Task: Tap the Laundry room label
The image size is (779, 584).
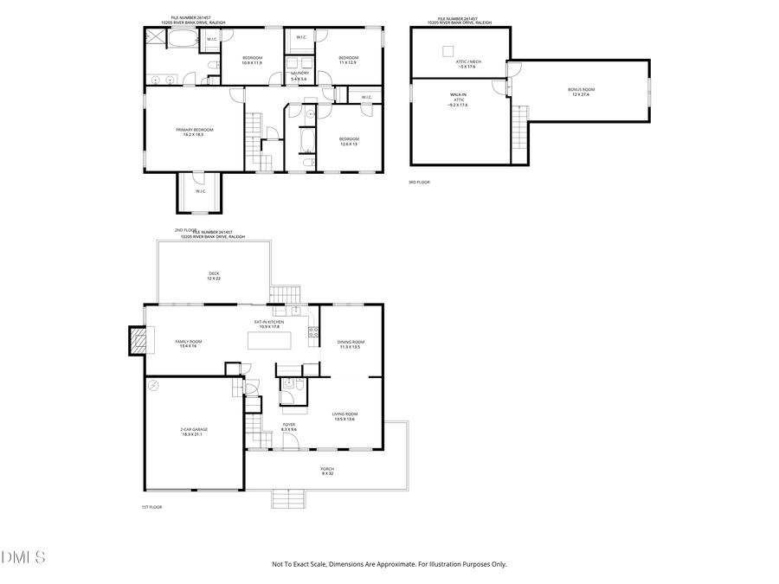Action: click(x=299, y=75)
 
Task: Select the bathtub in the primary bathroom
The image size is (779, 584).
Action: click(x=182, y=40)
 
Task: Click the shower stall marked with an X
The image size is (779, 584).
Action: click(x=154, y=36)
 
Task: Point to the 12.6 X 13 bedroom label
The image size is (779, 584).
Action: click(x=349, y=141)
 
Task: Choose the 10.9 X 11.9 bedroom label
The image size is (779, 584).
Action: click(x=252, y=60)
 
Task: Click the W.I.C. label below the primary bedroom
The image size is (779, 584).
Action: click(x=200, y=191)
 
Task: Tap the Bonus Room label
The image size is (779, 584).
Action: click(x=582, y=92)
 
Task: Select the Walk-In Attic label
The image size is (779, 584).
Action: click(x=458, y=99)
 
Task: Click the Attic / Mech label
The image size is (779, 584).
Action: click(x=469, y=62)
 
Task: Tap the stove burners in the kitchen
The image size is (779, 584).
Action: click(x=313, y=331)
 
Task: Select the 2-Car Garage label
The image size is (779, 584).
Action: click(x=195, y=432)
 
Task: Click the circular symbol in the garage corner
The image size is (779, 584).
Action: click(x=154, y=385)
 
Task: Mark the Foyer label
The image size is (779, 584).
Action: click(x=288, y=427)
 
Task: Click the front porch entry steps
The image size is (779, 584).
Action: click(x=288, y=498)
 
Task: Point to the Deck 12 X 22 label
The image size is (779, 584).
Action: click(x=214, y=276)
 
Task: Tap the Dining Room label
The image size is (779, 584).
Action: click(x=351, y=344)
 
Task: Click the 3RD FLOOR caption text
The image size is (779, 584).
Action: click(x=419, y=183)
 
